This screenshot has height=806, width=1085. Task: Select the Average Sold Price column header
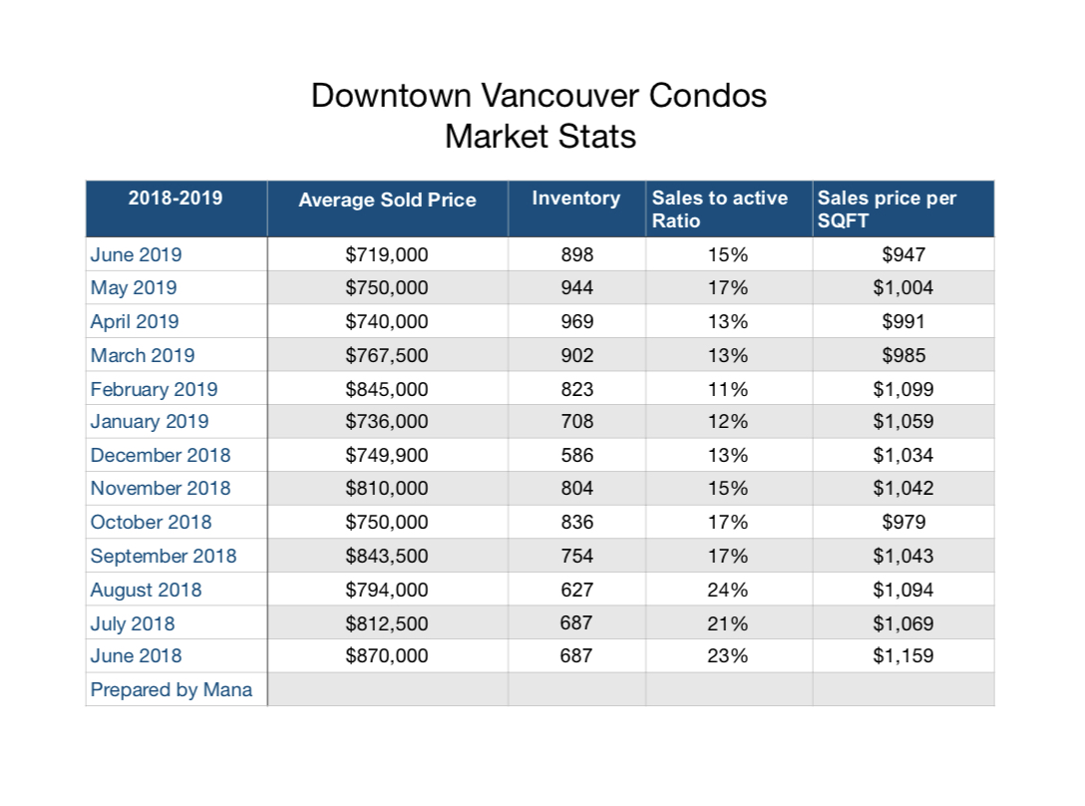coord(388,201)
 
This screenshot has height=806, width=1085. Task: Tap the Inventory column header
coord(576,199)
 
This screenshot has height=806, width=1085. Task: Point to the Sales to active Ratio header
coord(720,209)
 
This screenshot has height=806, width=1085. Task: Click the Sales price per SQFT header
coord(888,209)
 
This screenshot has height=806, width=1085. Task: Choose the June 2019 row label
coord(137,254)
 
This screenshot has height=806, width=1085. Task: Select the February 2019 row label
coord(154,389)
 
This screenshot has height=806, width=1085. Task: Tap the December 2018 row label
coord(161,455)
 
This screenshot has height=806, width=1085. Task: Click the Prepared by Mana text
coord(171,689)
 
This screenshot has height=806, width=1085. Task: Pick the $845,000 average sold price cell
coord(387,389)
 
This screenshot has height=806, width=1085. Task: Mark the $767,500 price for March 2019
coord(387,355)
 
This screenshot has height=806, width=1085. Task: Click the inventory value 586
coord(577,455)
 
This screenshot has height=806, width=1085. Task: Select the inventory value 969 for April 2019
coord(577,321)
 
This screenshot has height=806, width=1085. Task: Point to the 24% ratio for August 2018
coord(727,590)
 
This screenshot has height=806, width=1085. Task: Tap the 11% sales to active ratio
coord(727,389)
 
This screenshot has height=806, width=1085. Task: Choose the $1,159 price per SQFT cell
coord(904,655)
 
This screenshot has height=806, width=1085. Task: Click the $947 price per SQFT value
coord(904,254)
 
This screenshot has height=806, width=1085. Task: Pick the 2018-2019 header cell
coord(176,199)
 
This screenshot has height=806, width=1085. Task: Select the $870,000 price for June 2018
coord(387,655)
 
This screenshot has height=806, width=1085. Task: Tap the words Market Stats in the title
coord(541,137)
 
